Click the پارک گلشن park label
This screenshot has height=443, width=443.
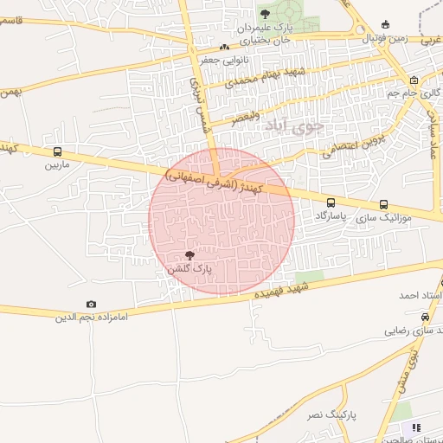(x=189, y=271)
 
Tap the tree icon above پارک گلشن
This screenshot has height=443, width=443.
(x=189, y=255)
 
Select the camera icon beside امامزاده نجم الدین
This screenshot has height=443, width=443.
(x=92, y=305)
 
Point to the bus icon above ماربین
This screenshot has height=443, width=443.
(x=57, y=151)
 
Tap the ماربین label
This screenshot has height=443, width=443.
(x=56, y=164)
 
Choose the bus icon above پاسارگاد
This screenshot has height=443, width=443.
(x=331, y=202)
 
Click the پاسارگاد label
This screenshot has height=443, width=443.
(x=331, y=215)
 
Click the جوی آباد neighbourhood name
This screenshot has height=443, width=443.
(x=292, y=125)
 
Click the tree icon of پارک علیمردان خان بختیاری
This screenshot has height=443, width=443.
(x=266, y=13)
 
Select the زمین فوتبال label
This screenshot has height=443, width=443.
(x=384, y=39)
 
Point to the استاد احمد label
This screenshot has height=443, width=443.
(x=421, y=295)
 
